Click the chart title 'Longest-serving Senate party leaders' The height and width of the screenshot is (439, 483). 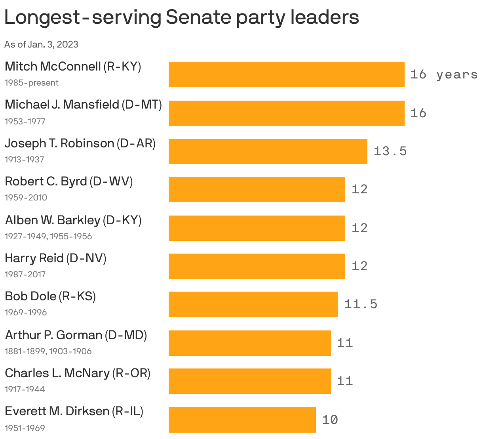coord(181,17)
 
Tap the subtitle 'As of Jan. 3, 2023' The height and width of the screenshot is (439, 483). coord(41,44)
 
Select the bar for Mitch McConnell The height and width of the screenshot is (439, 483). coord(286,74)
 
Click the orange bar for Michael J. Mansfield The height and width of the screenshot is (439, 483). coord(286,113)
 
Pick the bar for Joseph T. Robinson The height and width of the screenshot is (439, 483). coord(268,151)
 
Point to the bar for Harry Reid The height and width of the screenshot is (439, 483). coord(257,266)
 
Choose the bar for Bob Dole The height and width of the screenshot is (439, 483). coord(253,304)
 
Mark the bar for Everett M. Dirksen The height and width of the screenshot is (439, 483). coord(242,420)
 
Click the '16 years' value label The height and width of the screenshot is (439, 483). coord(443,74)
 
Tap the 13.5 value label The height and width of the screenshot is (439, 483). coord(390,151)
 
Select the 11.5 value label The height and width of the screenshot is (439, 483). coord(361,304)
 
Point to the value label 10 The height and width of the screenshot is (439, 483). coord(330,420)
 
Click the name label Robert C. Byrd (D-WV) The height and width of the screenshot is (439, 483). coord(68,181)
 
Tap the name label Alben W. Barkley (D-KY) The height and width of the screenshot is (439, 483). coord(73,220)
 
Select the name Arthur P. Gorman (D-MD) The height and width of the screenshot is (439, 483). coord(76,335)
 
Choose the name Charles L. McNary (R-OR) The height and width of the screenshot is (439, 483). coord(78,373)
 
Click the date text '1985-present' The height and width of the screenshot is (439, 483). coord(31,83)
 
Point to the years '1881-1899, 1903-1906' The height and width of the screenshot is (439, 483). coord(48,351)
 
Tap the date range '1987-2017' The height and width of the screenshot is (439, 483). coord(25,275)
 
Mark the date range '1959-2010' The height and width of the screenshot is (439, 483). coord(26,198)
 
